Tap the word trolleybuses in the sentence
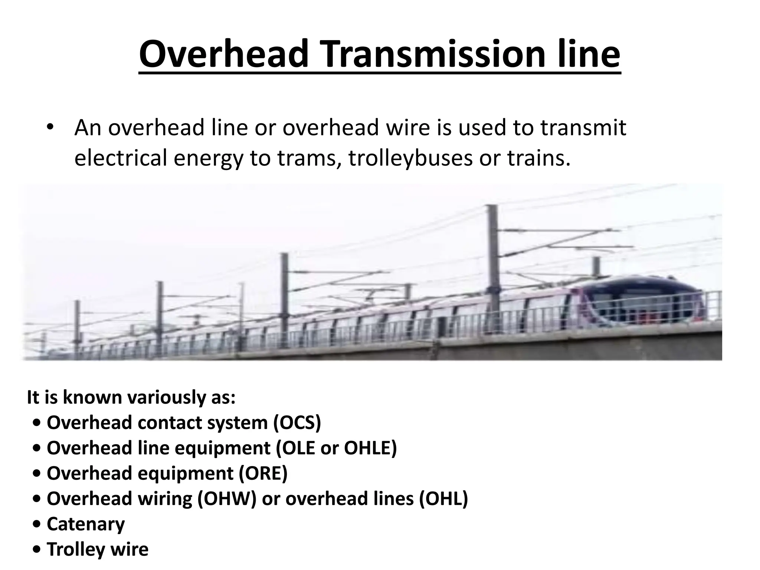coord(410,158)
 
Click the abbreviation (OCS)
coord(297,423)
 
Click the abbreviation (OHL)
coord(444,498)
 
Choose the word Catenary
coord(86,524)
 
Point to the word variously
coord(164,397)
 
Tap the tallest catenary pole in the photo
coord(492,252)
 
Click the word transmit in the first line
coord(583,128)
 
